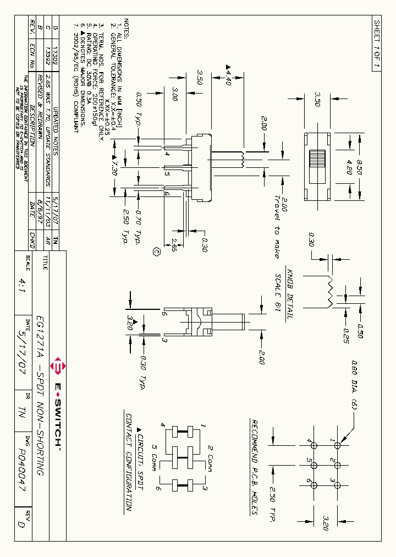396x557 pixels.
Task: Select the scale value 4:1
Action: coord(21,286)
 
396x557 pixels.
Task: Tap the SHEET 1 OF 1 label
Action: coord(377,44)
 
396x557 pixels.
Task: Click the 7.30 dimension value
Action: coord(114,166)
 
